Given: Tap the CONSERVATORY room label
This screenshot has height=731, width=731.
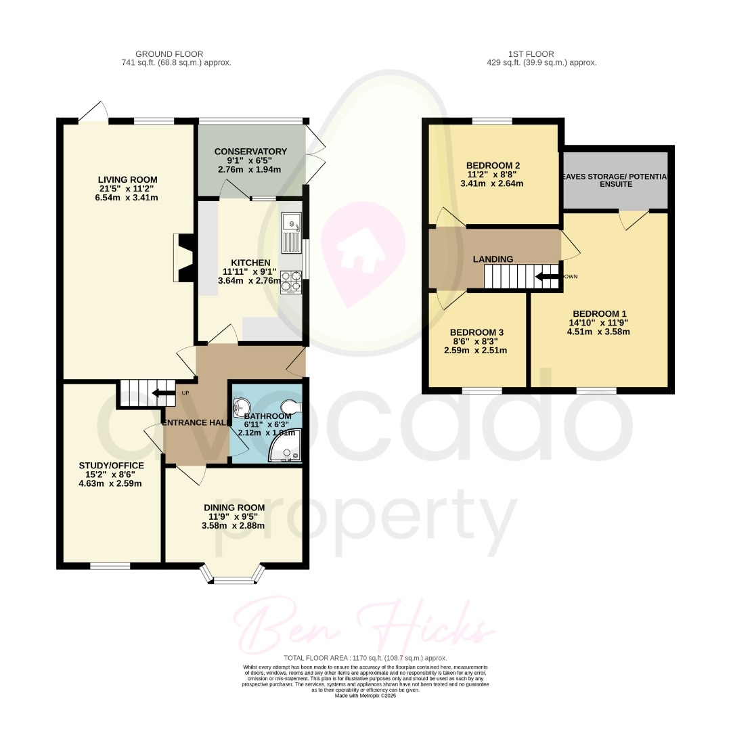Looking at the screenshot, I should (250, 152).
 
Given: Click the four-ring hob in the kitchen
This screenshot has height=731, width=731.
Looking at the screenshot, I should (291, 282).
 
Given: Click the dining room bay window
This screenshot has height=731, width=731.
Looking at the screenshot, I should (233, 576).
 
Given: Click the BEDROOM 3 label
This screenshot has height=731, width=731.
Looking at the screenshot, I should (477, 332).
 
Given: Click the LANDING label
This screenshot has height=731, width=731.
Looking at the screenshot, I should (493, 259).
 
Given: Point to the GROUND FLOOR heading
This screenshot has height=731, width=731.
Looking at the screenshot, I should (169, 54).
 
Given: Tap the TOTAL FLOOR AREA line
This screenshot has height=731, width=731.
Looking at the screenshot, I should (365, 658).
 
